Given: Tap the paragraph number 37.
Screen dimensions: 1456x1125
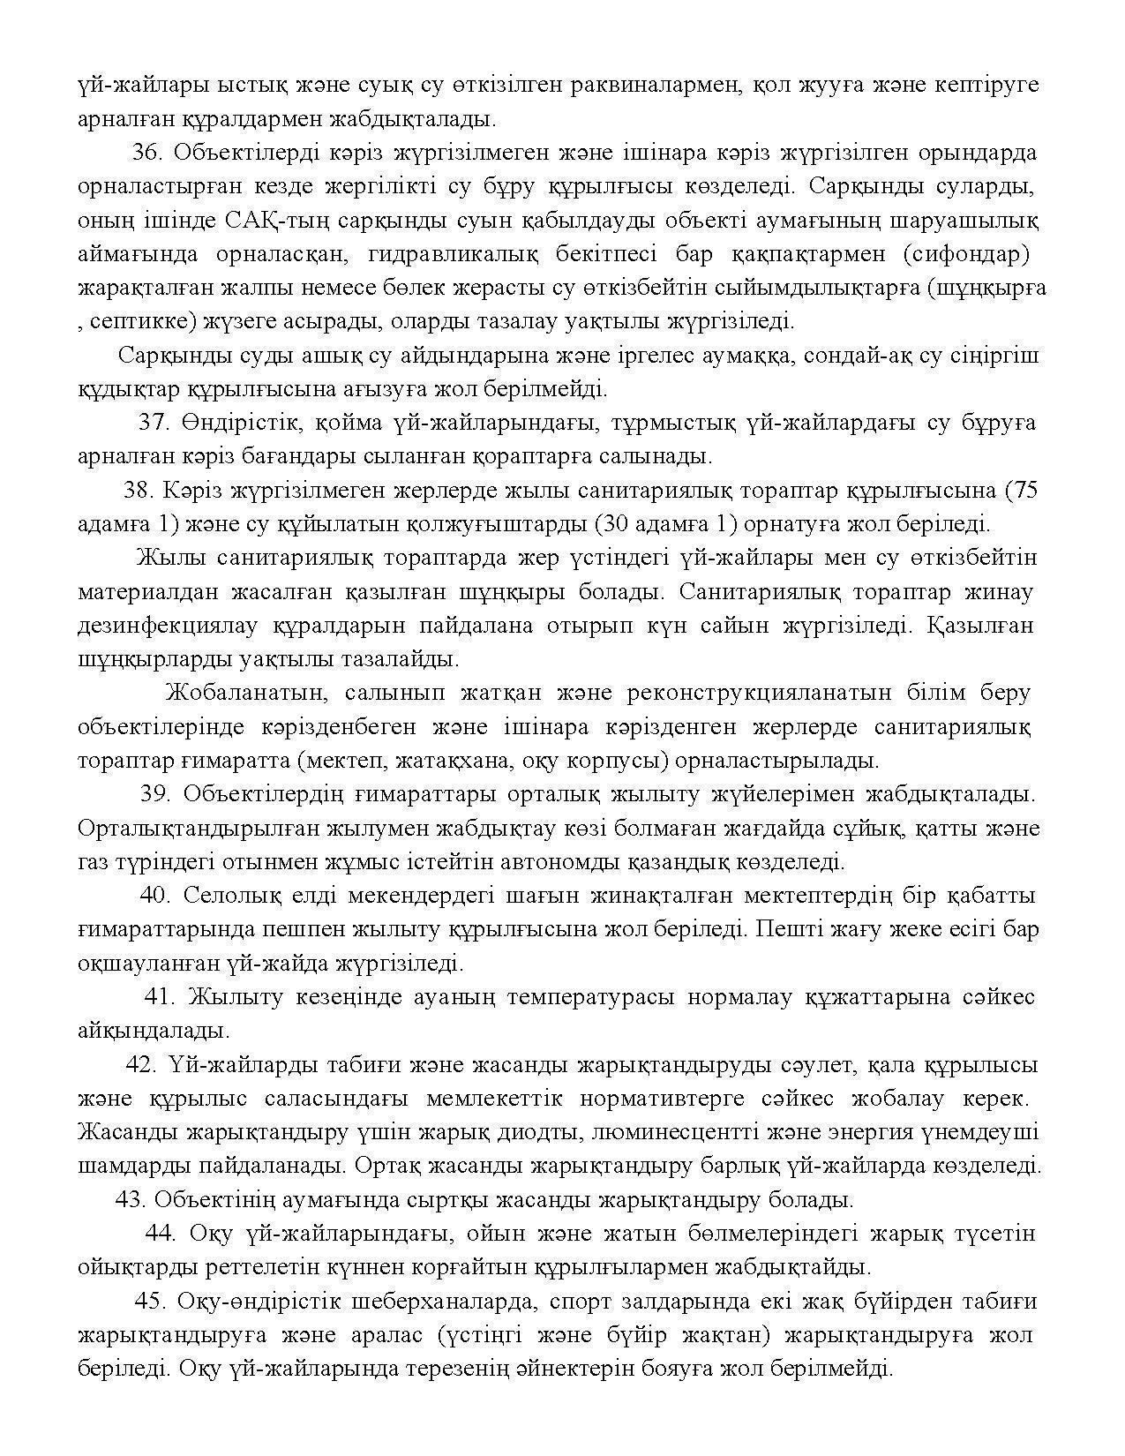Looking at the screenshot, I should click(x=154, y=423).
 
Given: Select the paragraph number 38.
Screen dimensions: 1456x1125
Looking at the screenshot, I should click(x=139, y=491).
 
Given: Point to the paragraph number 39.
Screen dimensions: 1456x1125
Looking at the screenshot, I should click(x=155, y=794).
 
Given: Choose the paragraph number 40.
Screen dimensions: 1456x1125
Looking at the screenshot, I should click(x=155, y=896).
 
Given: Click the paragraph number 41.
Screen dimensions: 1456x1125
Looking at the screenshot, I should click(x=160, y=997).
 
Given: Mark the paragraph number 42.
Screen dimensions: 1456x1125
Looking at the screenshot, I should click(x=142, y=1065).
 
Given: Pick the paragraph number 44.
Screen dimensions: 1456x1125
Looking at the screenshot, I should click(x=160, y=1234).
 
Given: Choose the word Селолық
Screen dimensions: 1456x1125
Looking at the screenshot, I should click(x=229, y=896).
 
